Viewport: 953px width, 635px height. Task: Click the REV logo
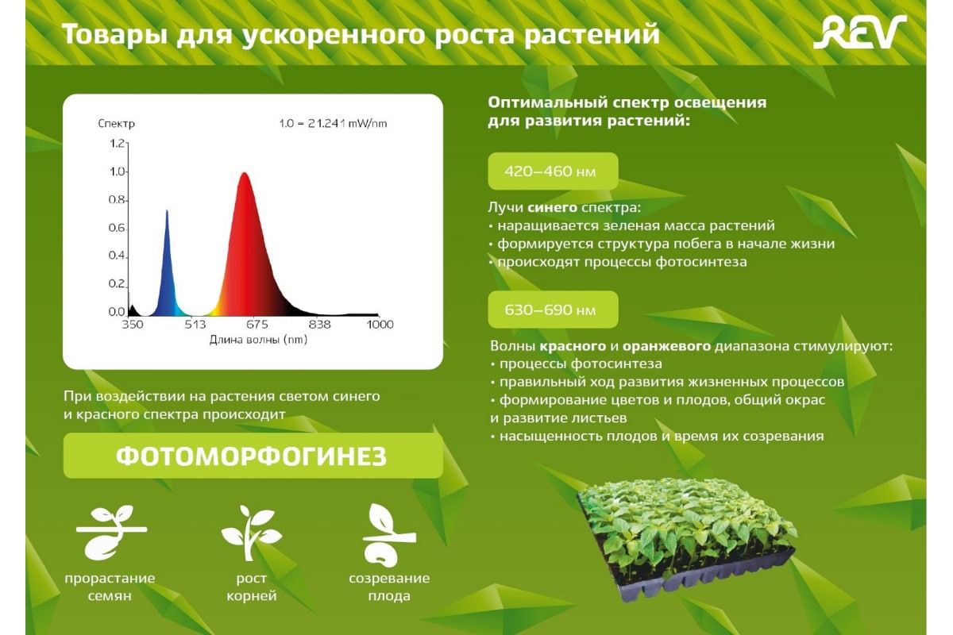click(x=860, y=33)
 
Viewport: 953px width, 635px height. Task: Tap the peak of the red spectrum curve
click(x=245, y=173)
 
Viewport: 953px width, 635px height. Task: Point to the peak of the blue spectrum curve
click(x=167, y=210)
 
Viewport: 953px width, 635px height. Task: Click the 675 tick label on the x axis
click(x=257, y=325)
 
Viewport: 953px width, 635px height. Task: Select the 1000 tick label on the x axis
click(x=380, y=325)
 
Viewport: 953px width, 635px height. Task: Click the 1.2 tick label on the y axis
click(x=117, y=144)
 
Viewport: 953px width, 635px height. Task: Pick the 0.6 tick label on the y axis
click(x=117, y=228)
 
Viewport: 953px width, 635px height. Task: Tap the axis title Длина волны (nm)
click(x=258, y=340)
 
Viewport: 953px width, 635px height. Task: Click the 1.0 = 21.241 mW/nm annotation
click(x=333, y=123)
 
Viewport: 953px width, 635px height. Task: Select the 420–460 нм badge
click(x=553, y=171)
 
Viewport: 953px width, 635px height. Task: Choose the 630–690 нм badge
click(x=553, y=310)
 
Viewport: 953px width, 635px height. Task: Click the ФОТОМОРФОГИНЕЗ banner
click(x=253, y=456)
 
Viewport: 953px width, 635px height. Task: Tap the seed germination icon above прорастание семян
click(x=111, y=532)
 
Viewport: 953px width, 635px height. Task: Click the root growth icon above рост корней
click(x=251, y=533)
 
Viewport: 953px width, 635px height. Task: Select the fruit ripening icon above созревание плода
click(x=389, y=534)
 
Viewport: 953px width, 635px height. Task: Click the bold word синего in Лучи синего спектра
click(x=552, y=207)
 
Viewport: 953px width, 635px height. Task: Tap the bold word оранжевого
click(x=666, y=346)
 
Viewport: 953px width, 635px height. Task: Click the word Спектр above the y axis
click(x=116, y=124)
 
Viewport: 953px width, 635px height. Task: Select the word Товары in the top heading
click(x=114, y=34)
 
